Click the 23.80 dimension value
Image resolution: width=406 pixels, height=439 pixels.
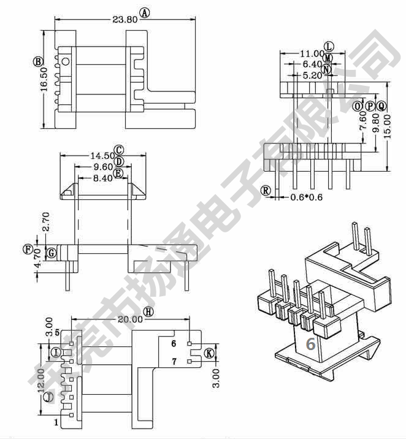(125, 20)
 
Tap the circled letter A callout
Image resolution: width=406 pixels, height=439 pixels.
(145, 13)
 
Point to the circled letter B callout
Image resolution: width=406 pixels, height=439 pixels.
(38, 61)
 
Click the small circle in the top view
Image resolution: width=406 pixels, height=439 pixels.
(65, 61)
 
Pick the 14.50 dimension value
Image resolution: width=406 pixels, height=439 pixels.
(102, 156)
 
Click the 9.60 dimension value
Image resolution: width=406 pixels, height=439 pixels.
(103, 167)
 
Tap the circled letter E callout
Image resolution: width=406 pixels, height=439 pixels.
(118, 174)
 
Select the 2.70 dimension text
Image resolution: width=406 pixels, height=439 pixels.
(46, 221)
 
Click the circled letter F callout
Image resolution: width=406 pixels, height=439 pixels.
(28, 249)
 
